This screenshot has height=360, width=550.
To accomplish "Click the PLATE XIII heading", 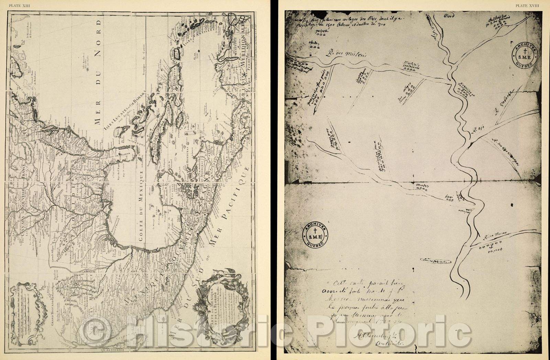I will coord(17,5).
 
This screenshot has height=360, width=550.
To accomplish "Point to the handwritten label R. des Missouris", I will coord(338,54).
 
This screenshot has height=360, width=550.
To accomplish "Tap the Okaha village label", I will coord(314,43).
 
